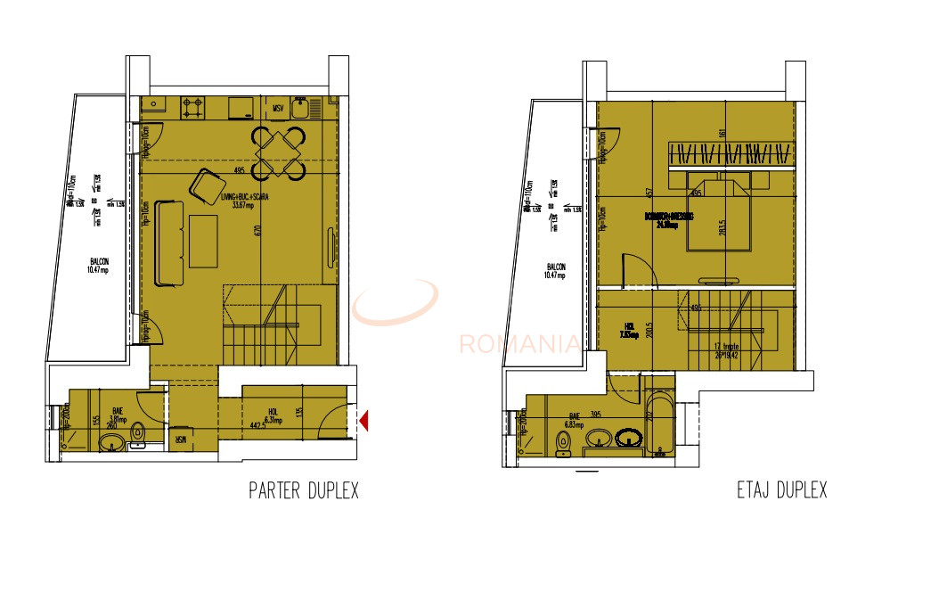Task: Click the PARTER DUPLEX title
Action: point(303,490)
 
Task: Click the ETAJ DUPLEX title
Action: point(781,490)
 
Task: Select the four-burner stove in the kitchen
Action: point(193,108)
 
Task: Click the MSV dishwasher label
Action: point(279,111)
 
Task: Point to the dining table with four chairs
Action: point(278,152)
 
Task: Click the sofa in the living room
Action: point(168,243)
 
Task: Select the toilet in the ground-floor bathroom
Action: point(137,434)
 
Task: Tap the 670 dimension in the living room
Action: point(257,229)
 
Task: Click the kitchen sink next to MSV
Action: point(305,109)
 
